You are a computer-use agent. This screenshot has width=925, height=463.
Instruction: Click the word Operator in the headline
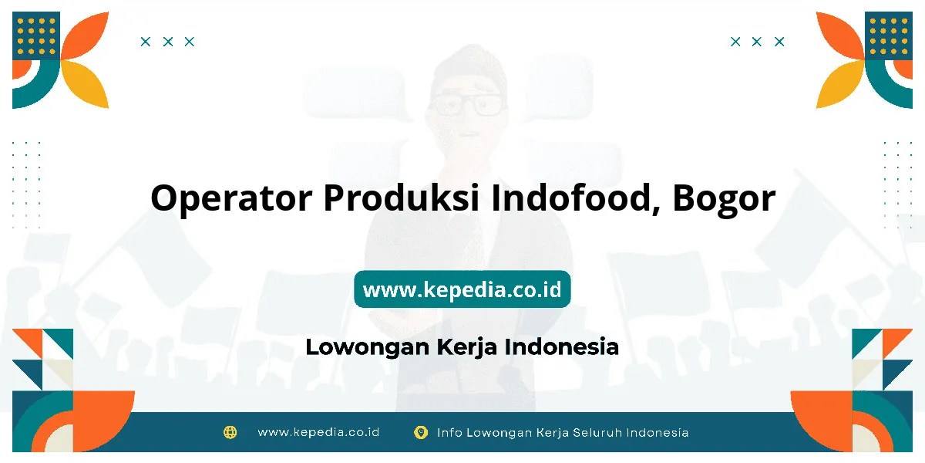coord(231,199)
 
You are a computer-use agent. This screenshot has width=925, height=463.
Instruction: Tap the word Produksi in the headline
coord(402,198)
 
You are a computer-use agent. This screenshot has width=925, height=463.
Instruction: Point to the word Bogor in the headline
coord(725,200)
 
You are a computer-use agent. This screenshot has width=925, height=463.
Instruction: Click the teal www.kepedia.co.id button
coord(462,289)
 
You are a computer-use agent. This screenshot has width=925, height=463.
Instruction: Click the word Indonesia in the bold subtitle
coord(562,346)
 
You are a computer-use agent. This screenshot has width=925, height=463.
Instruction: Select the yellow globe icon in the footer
coord(230,432)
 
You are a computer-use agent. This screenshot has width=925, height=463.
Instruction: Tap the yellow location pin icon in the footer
coord(421,432)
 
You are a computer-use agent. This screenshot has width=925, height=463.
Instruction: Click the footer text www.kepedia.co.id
coord(318,432)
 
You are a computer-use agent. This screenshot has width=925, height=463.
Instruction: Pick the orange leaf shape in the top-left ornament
coord(85,35)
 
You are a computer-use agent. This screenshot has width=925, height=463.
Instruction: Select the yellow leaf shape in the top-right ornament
coord(840,84)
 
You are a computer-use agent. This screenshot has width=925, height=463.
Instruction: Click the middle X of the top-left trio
coord(168,42)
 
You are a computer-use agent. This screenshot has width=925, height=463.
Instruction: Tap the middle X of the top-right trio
coord(756,42)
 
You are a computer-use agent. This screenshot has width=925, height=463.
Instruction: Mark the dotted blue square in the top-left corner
coord(36,36)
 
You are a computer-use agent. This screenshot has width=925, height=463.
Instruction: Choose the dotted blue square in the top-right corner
coord(889,36)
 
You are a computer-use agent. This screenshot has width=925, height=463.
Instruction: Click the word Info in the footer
coord(449,432)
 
